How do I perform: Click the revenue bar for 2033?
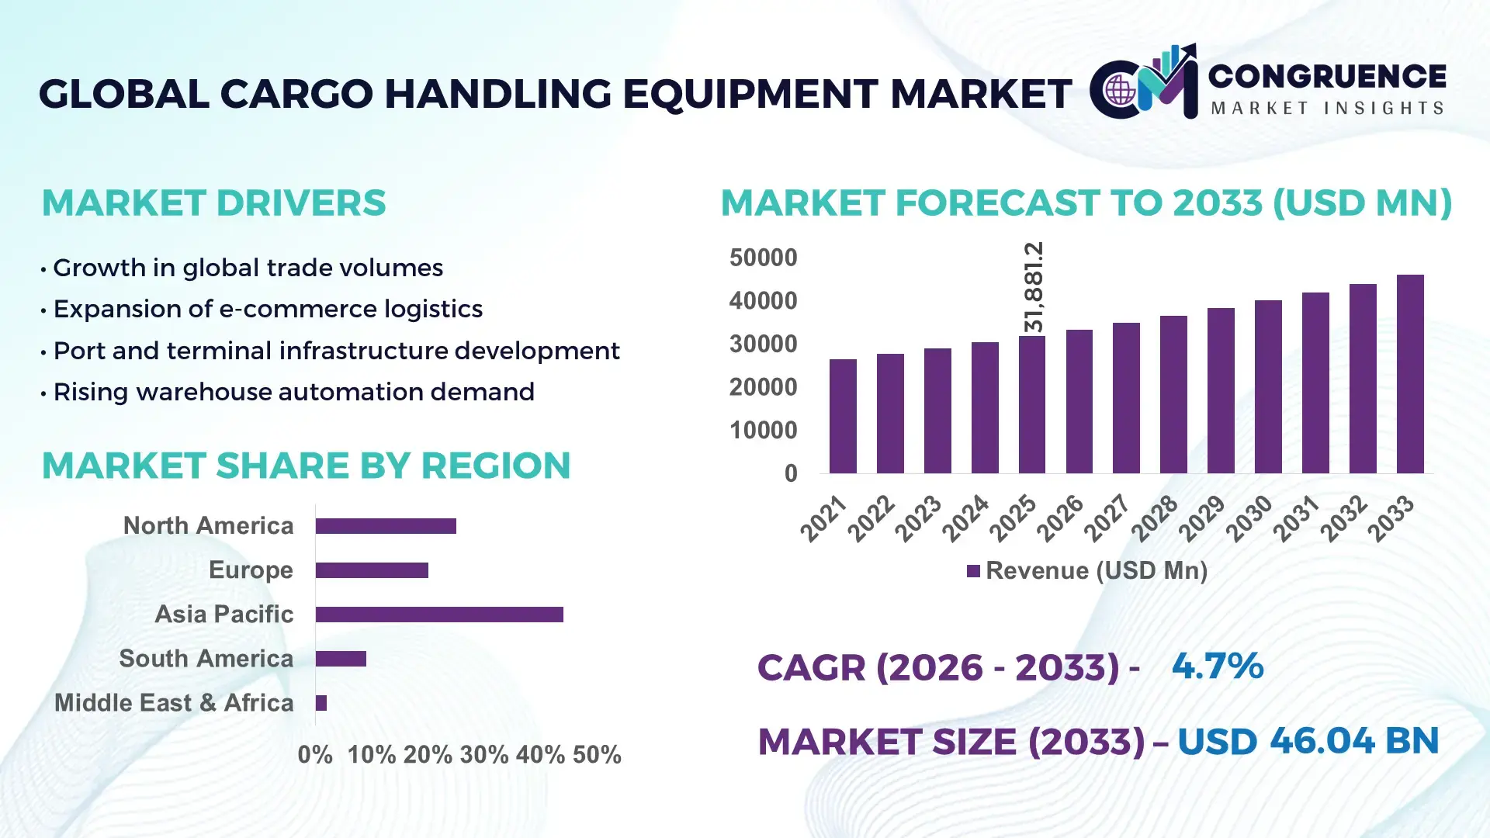click(x=1409, y=374)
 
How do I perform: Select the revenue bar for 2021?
click(x=843, y=416)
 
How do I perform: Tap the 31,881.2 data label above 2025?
click(x=1034, y=287)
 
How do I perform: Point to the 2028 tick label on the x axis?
click(x=1154, y=518)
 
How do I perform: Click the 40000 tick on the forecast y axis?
click(x=763, y=301)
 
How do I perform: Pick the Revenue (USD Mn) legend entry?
click(x=1087, y=571)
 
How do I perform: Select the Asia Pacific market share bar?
click(x=439, y=615)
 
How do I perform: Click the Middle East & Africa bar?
click(x=321, y=703)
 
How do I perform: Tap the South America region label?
click(x=206, y=659)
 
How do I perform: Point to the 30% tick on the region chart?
click(x=483, y=755)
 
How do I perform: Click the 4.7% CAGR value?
click(x=1217, y=667)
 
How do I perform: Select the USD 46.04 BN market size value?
click(x=1308, y=741)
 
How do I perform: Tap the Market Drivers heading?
click(x=213, y=203)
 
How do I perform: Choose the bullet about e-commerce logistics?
click(x=267, y=310)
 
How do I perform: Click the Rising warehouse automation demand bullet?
click(x=293, y=393)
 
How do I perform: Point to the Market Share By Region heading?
click(x=306, y=466)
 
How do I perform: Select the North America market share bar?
click(x=386, y=526)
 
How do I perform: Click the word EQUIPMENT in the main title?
click(x=750, y=94)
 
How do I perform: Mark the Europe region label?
click(x=251, y=570)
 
